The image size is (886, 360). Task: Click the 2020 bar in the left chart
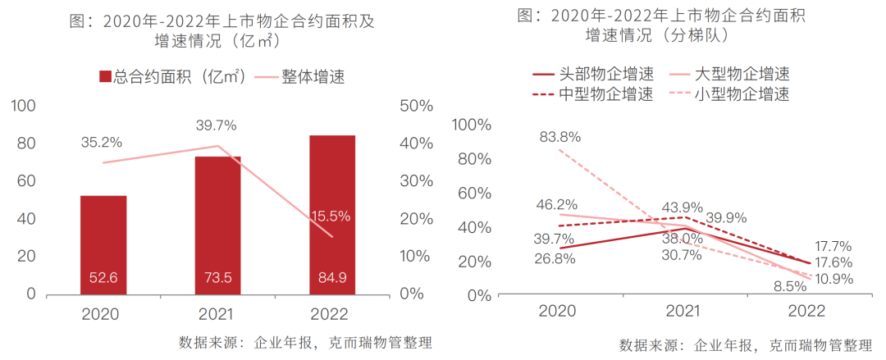(103, 244)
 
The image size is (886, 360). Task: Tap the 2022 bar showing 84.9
(332, 214)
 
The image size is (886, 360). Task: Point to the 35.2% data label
(102, 142)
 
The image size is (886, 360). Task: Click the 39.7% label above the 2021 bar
(217, 125)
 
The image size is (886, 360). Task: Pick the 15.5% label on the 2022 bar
(331, 216)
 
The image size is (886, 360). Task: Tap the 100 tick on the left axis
(25, 106)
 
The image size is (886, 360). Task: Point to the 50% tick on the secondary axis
(414, 106)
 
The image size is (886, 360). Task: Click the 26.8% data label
(555, 258)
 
